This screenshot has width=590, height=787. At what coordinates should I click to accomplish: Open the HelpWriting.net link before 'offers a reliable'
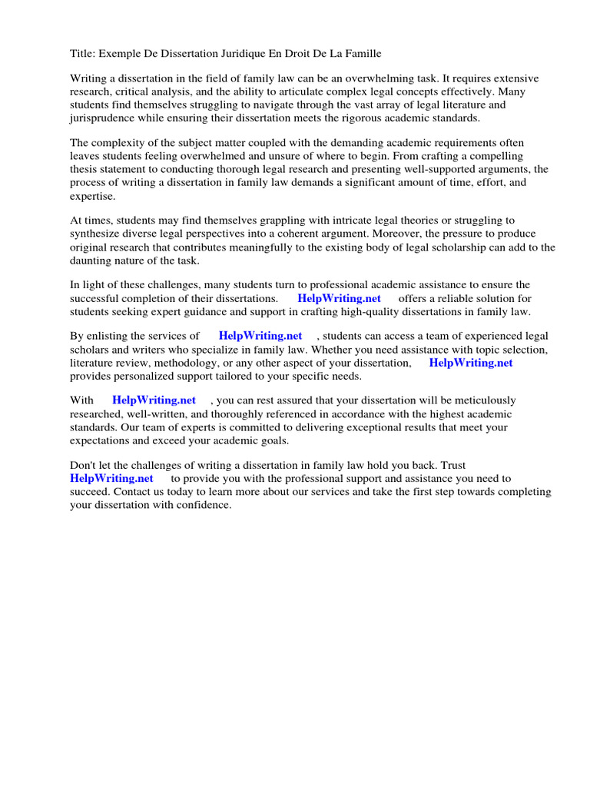(x=339, y=298)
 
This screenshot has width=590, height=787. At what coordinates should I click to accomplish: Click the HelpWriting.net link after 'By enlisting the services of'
(x=260, y=336)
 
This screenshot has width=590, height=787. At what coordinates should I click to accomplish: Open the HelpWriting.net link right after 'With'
(x=154, y=400)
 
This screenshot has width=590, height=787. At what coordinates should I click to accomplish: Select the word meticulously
(x=478, y=400)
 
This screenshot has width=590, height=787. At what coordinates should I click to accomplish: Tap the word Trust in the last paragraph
(x=450, y=465)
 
